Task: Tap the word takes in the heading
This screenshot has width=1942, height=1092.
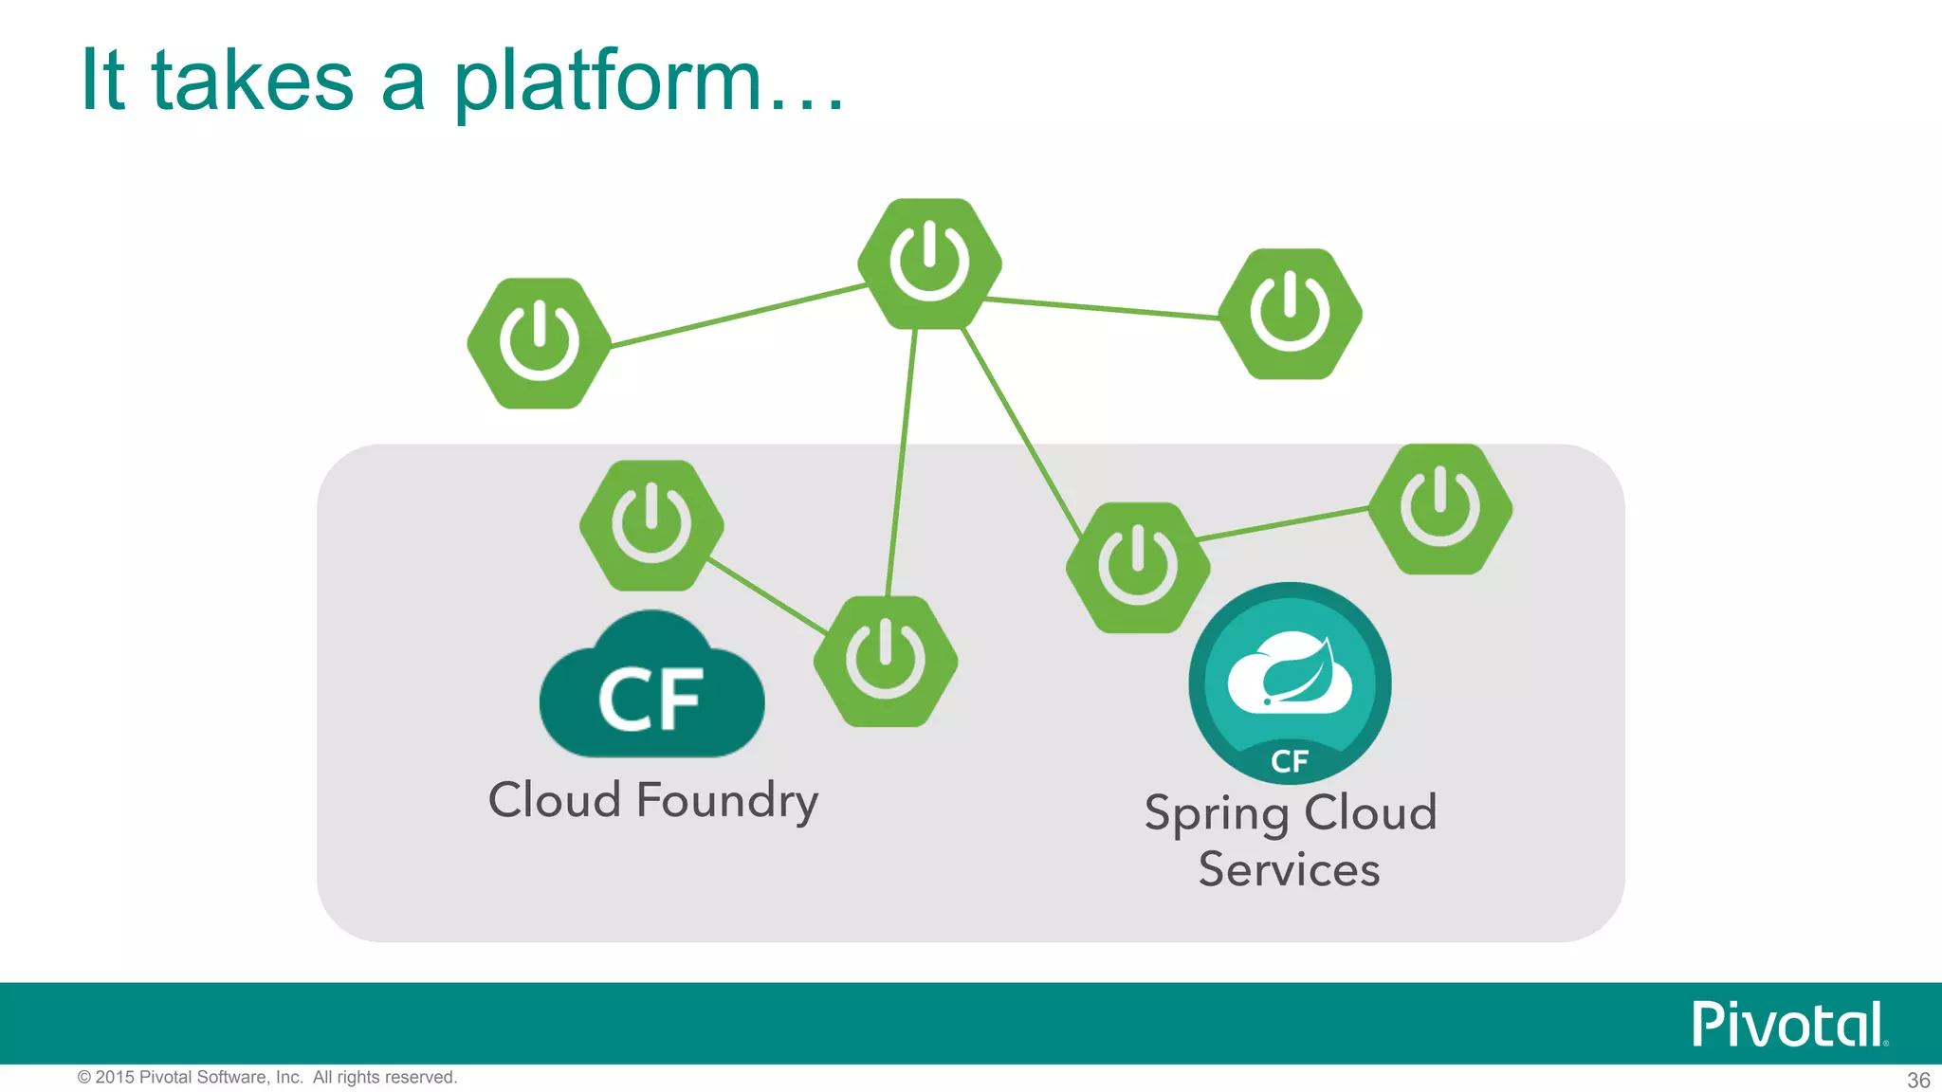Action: click(x=252, y=82)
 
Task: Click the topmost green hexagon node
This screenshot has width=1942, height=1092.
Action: click(x=929, y=264)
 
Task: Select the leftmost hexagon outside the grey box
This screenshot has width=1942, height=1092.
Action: click(x=539, y=343)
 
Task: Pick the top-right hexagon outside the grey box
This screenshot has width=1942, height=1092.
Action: click(x=1290, y=314)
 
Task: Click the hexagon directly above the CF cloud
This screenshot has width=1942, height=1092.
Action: click(x=651, y=525)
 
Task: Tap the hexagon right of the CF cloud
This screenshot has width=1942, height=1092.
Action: click(x=886, y=661)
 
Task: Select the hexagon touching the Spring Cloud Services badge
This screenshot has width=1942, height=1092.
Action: click(x=1137, y=567)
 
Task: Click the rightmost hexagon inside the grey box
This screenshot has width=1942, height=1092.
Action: click(x=1440, y=509)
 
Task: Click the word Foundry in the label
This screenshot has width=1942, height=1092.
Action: click(x=726, y=801)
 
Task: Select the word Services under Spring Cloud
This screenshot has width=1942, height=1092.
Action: click(x=1289, y=869)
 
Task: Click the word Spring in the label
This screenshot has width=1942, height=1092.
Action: click(x=1216, y=814)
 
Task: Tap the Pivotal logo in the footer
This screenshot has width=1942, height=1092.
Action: click(x=1788, y=1025)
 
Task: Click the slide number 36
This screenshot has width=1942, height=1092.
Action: click(x=1918, y=1080)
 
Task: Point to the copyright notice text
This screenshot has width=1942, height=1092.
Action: click(x=267, y=1078)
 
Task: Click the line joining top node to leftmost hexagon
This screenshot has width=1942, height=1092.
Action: click(x=740, y=315)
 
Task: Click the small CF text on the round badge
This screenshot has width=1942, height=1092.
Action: click(x=1289, y=761)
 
